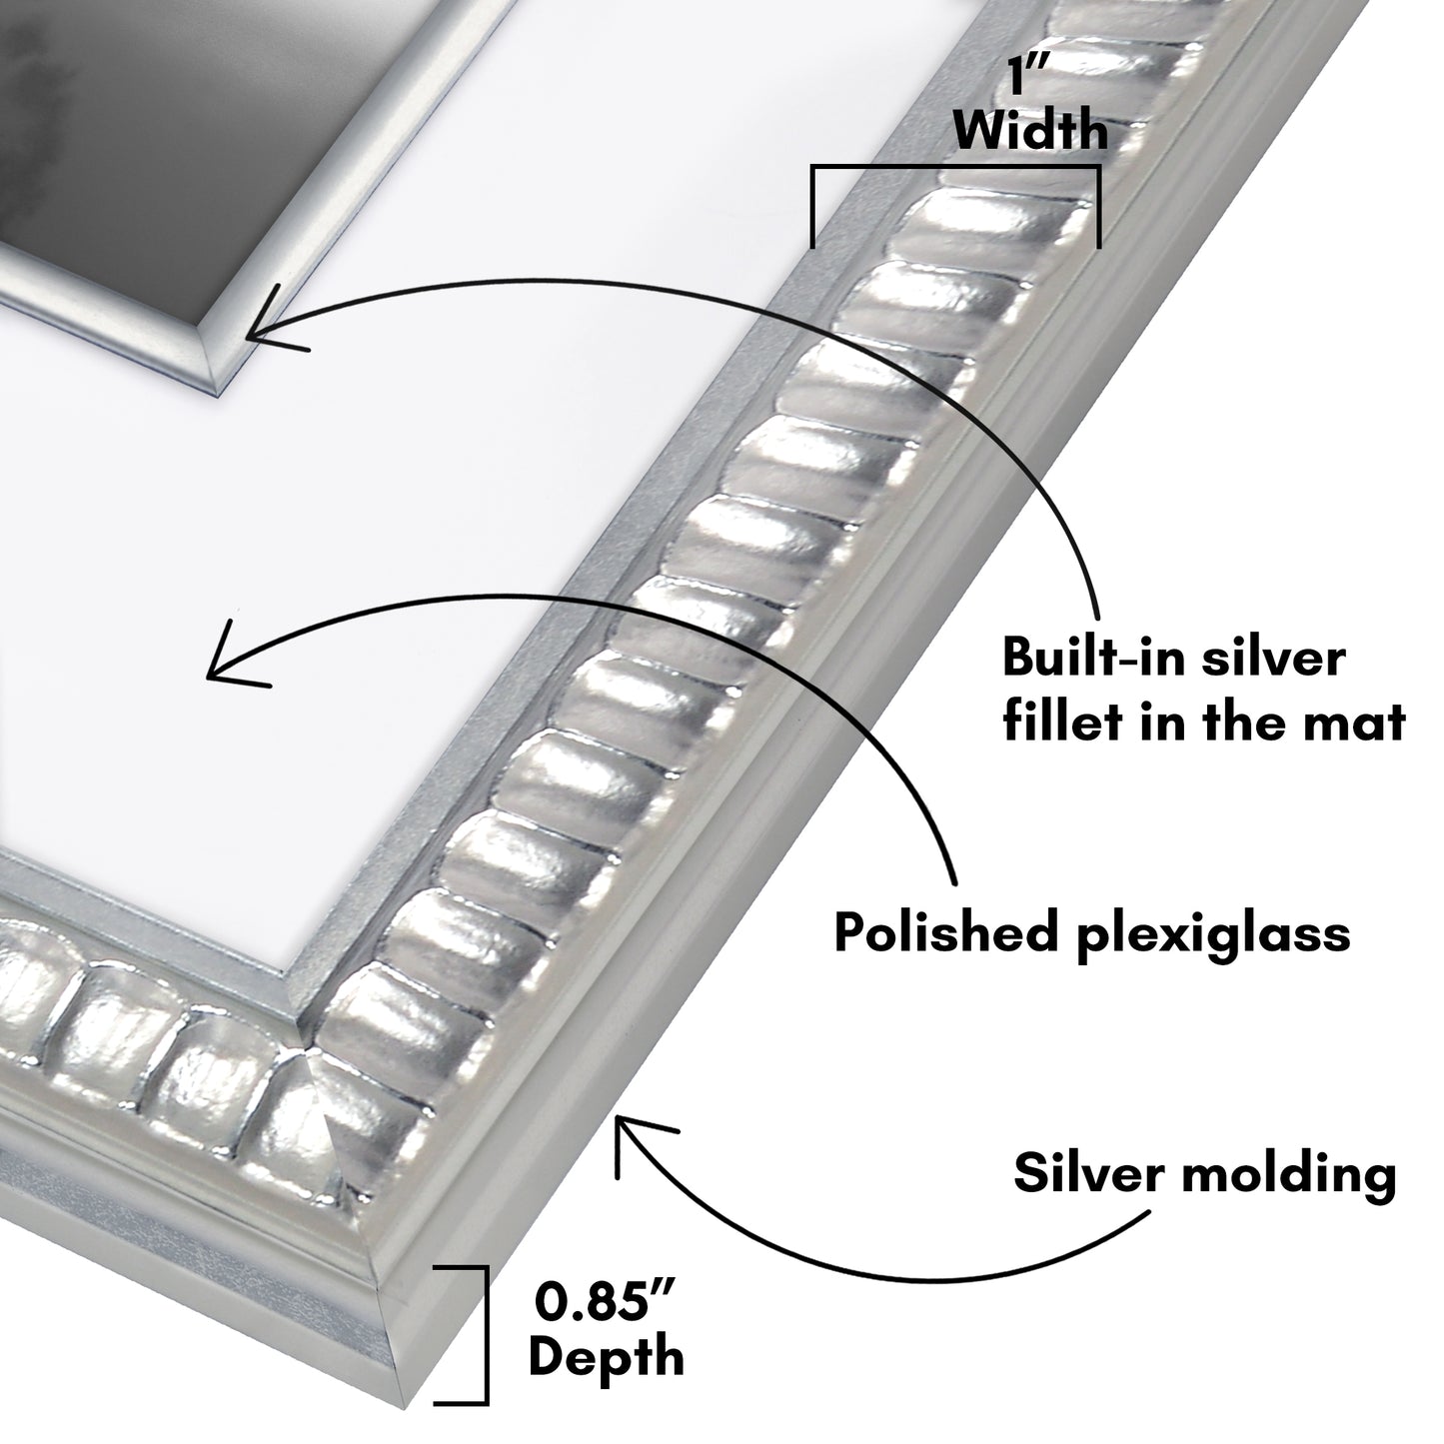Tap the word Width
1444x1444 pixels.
[x=1030, y=131]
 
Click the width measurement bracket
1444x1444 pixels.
[x=955, y=171]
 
